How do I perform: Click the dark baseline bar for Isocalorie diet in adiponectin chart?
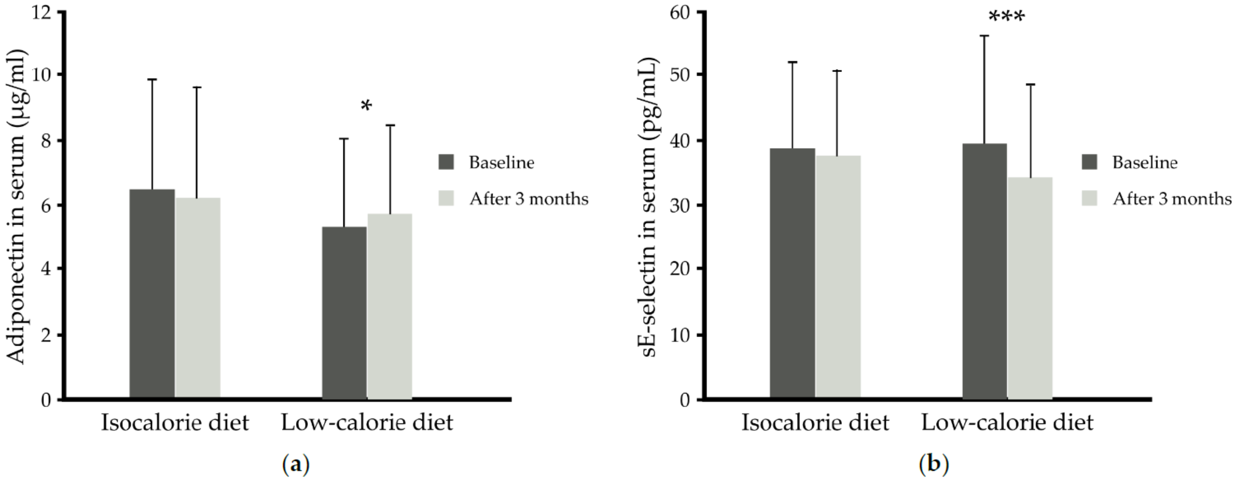pyautogui.click(x=152, y=294)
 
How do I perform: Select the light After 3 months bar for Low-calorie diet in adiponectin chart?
pyautogui.click(x=390, y=306)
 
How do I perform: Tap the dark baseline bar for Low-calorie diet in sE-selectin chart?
pyautogui.click(x=984, y=271)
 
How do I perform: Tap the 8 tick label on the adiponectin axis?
pyautogui.click(x=46, y=141)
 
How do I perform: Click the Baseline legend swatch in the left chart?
pyautogui.click(x=446, y=162)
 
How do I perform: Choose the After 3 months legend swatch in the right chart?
pyautogui.click(x=1090, y=198)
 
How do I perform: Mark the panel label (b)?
pyautogui.click(x=934, y=465)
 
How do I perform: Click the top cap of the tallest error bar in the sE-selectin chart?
pyautogui.click(x=984, y=36)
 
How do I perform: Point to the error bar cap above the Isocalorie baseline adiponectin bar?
pyautogui.click(x=152, y=79)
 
